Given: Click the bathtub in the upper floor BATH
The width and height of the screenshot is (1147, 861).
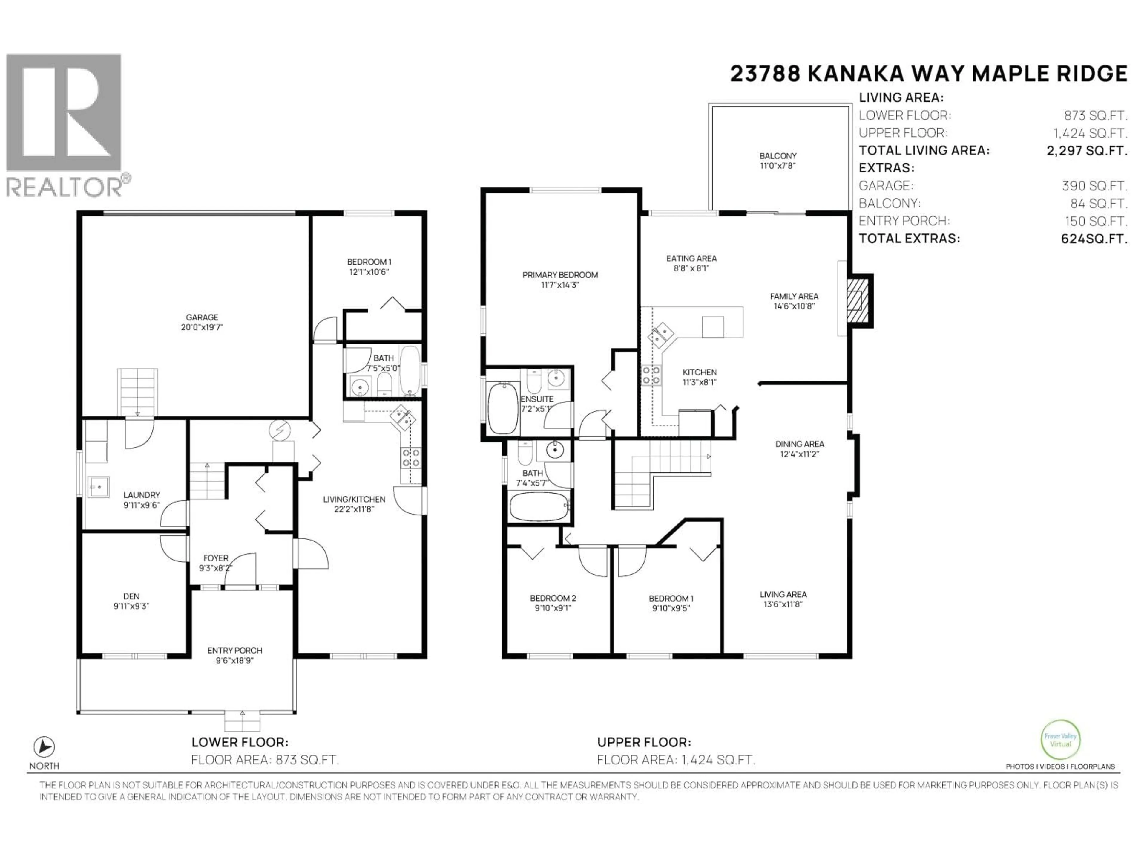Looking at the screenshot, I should coord(539,506).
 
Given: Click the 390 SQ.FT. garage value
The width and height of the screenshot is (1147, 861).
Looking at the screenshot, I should coord(1094,186).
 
